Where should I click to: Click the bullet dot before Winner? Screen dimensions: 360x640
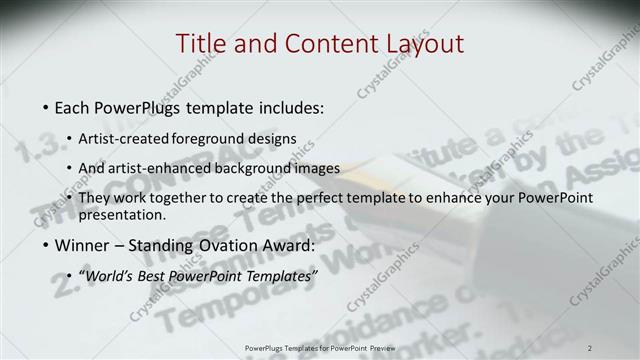(46, 245)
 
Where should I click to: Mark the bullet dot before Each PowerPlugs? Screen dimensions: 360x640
(46, 106)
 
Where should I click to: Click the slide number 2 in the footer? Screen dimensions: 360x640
(590, 346)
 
